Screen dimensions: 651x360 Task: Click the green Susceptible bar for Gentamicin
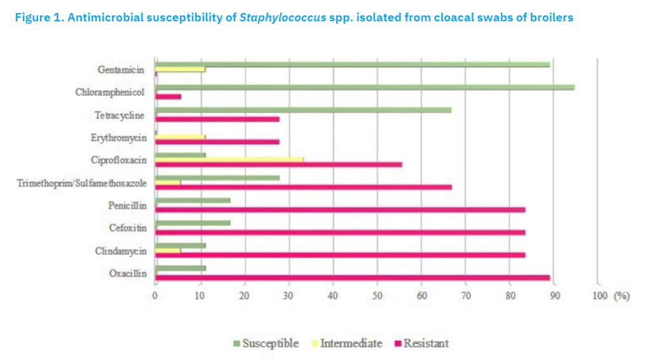[352, 65]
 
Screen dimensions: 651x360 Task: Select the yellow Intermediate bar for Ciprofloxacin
[230, 160]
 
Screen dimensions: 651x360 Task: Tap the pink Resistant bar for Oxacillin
[352, 278]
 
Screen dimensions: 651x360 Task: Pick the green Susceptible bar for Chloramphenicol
[365, 88]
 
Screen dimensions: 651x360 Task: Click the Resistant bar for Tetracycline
[217, 120]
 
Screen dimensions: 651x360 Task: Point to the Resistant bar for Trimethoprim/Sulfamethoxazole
[303, 187]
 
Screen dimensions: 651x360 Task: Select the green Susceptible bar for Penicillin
[193, 200]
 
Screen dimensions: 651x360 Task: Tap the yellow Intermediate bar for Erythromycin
[180, 137]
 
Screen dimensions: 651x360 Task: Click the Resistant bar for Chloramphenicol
[168, 97]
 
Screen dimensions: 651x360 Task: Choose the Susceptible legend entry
[266, 343]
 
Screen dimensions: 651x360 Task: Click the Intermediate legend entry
[346, 343]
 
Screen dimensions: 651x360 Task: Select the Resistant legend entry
[421, 343]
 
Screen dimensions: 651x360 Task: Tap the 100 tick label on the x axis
[600, 296]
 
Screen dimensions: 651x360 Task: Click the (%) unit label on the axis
[622, 296]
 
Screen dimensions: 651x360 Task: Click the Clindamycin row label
[121, 252]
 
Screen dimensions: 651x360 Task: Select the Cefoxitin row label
[128, 228]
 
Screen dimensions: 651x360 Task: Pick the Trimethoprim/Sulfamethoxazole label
[82, 184]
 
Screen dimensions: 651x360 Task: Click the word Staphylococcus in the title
[283, 18]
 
